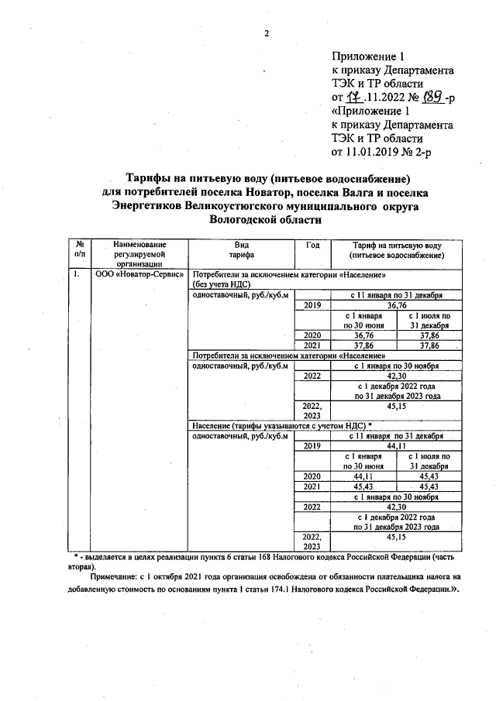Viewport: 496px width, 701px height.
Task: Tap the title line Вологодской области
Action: (x=264, y=220)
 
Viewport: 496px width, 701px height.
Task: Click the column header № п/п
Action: (x=79, y=249)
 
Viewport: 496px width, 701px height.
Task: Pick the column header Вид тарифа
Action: (x=242, y=249)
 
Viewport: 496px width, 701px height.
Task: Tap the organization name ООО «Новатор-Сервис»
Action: (x=139, y=275)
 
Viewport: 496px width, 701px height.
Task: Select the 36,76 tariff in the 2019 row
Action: (x=396, y=305)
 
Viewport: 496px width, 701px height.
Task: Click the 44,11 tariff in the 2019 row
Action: (x=396, y=446)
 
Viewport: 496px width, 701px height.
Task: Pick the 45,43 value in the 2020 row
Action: (x=429, y=476)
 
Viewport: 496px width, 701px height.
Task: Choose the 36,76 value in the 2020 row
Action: (x=363, y=335)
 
